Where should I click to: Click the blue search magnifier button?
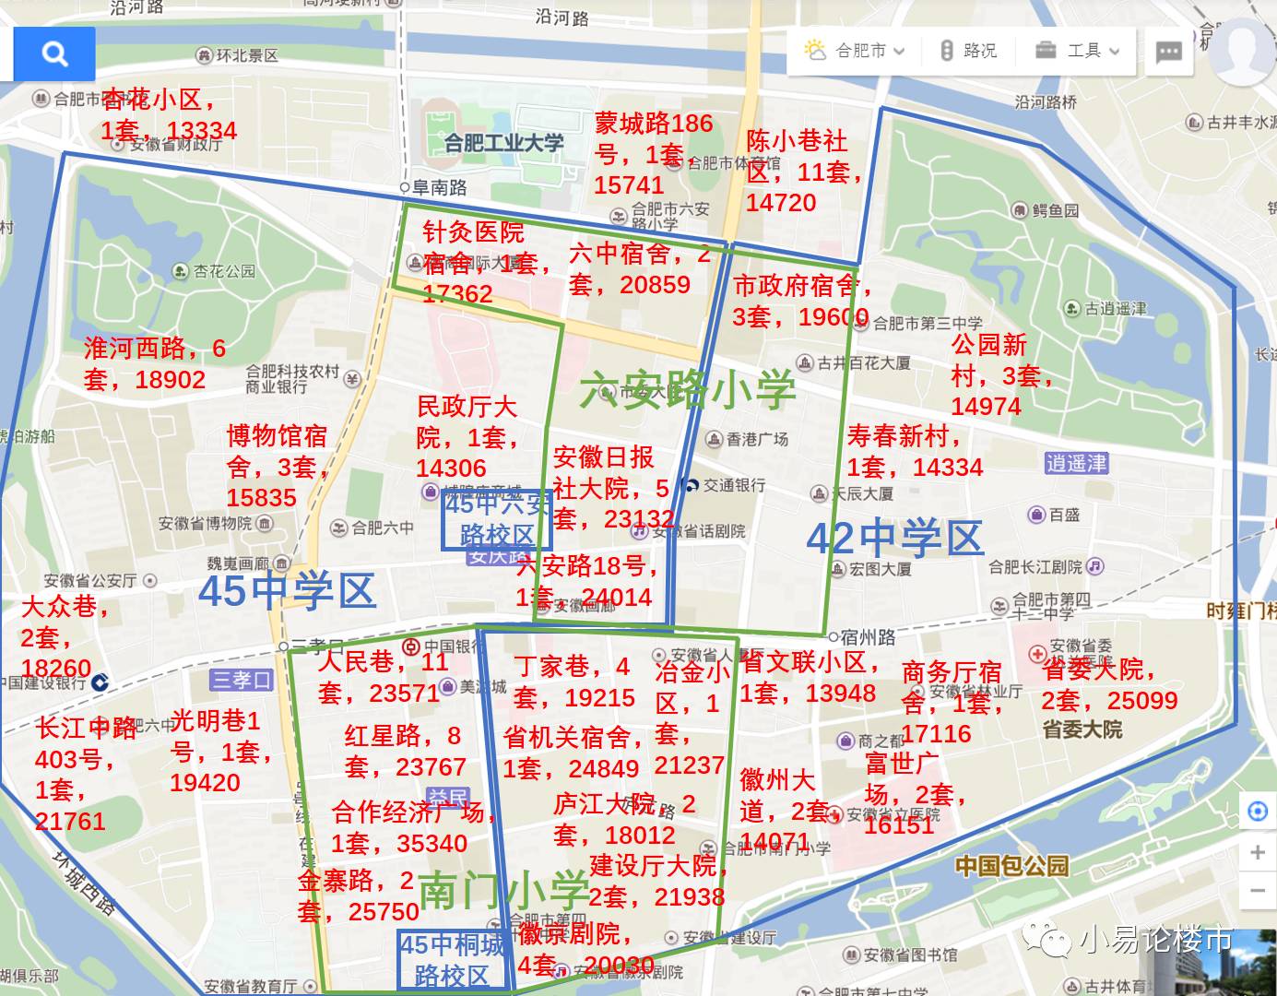(54, 54)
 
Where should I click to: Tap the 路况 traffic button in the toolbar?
(968, 51)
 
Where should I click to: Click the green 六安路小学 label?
(687, 390)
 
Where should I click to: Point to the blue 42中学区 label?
(894, 539)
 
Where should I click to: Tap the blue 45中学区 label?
(287, 591)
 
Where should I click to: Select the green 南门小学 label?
(503, 890)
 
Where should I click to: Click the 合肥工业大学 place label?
(503, 143)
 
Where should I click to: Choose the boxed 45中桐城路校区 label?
(452, 959)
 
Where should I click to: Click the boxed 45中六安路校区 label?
(497, 519)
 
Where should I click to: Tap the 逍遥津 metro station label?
(1076, 463)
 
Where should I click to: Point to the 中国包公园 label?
(1011, 866)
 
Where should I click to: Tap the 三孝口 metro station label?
(242, 681)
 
